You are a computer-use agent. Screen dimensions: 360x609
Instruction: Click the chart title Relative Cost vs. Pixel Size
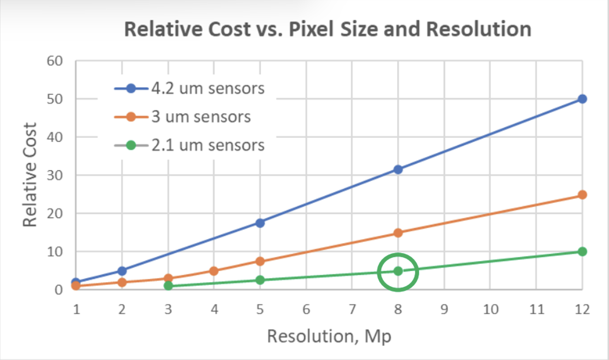click(327, 29)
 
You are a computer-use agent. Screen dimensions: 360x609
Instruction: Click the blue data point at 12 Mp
click(582, 99)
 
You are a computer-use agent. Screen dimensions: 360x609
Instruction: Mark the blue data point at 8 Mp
click(398, 169)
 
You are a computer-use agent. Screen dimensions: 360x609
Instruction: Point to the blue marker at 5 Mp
click(260, 223)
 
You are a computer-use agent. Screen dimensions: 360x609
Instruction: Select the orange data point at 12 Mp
click(582, 195)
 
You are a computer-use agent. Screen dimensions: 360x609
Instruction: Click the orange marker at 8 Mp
click(398, 233)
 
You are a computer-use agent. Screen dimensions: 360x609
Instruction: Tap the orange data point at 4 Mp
click(214, 271)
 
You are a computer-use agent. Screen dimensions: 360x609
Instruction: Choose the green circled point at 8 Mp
click(398, 271)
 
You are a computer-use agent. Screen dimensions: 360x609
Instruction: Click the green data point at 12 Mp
click(582, 252)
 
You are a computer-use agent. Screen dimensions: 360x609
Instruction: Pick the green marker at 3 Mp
click(168, 286)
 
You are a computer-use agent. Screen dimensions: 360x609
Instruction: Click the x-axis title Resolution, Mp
click(329, 336)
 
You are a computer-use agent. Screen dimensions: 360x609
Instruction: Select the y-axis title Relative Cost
click(31, 175)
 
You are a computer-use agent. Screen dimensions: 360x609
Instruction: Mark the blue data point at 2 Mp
click(122, 271)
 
